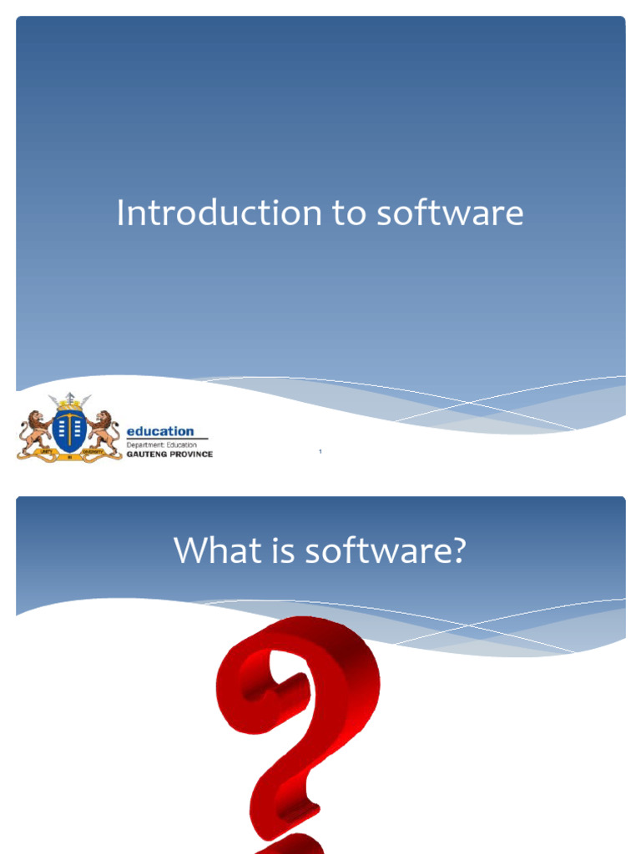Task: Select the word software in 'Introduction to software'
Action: pos(450,213)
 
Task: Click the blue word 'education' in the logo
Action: pos(159,431)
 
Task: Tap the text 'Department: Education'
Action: pos(161,445)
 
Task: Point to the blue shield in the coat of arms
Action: pos(69,430)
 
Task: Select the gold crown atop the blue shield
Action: pos(69,406)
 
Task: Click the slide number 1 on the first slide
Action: pos(320,452)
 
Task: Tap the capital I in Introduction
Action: pos(121,213)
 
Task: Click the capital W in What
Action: pos(189,551)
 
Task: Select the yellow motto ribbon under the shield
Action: pos(69,455)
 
